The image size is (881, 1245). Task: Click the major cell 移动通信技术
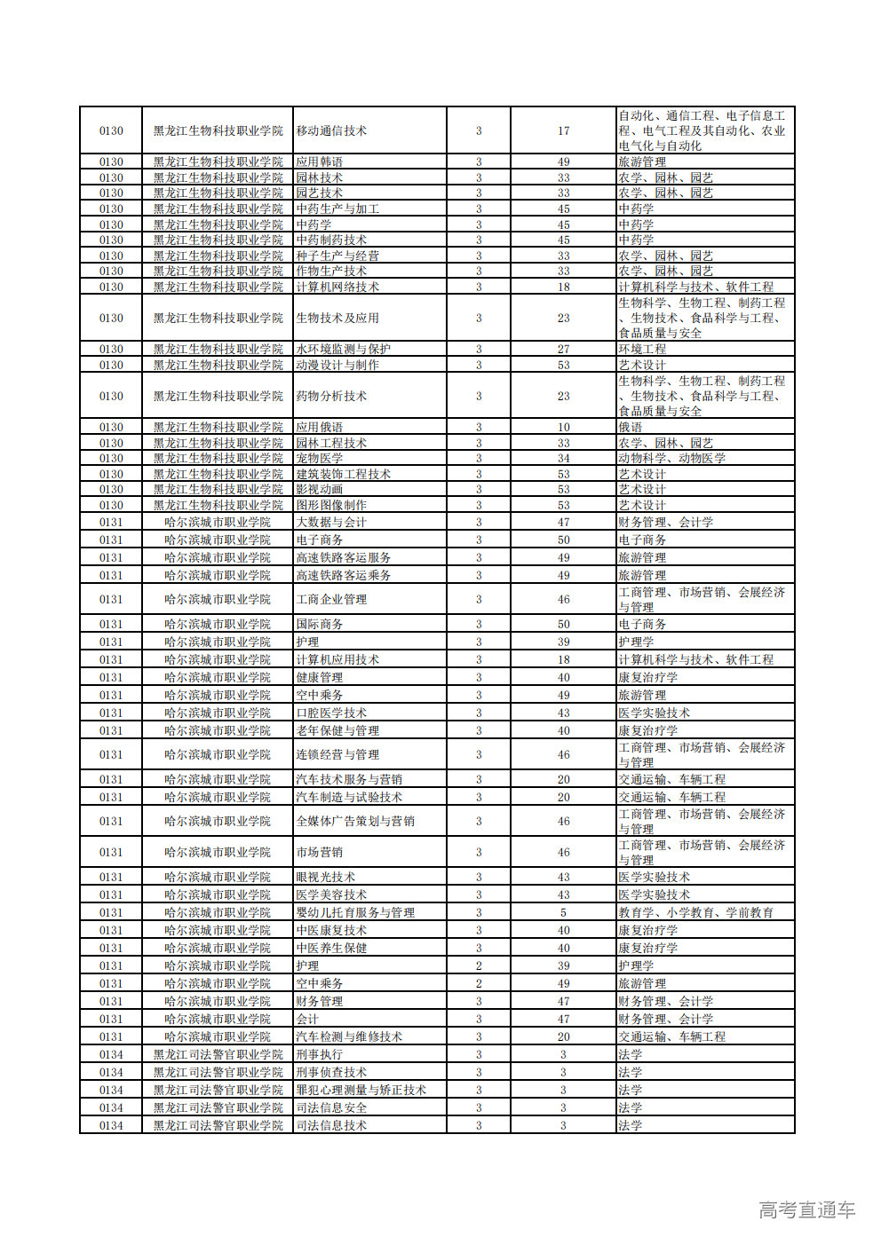(331, 131)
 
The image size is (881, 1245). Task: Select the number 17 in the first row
(563, 131)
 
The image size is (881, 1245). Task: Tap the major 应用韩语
(319, 162)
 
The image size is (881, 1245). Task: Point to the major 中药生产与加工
(337, 209)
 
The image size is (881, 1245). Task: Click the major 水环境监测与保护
(343, 350)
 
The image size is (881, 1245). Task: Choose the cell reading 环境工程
(642, 350)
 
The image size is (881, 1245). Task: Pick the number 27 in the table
(563, 350)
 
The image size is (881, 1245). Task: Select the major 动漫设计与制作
(337, 366)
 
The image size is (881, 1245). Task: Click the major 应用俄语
(319, 428)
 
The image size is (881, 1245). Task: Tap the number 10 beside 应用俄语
(563, 428)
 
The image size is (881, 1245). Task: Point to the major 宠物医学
(319, 459)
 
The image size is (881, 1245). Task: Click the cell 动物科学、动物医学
(672, 459)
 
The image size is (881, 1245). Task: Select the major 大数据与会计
(331, 523)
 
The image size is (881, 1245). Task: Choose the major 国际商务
(319, 625)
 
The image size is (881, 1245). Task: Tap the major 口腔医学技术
(331, 713)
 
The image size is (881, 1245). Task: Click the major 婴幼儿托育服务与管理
(355, 913)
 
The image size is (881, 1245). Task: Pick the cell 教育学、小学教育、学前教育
(696, 913)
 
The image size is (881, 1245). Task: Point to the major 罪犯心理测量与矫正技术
(361, 1091)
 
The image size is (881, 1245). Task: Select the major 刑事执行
(319, 1055)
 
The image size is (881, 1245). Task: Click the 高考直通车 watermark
(806, 1210)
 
